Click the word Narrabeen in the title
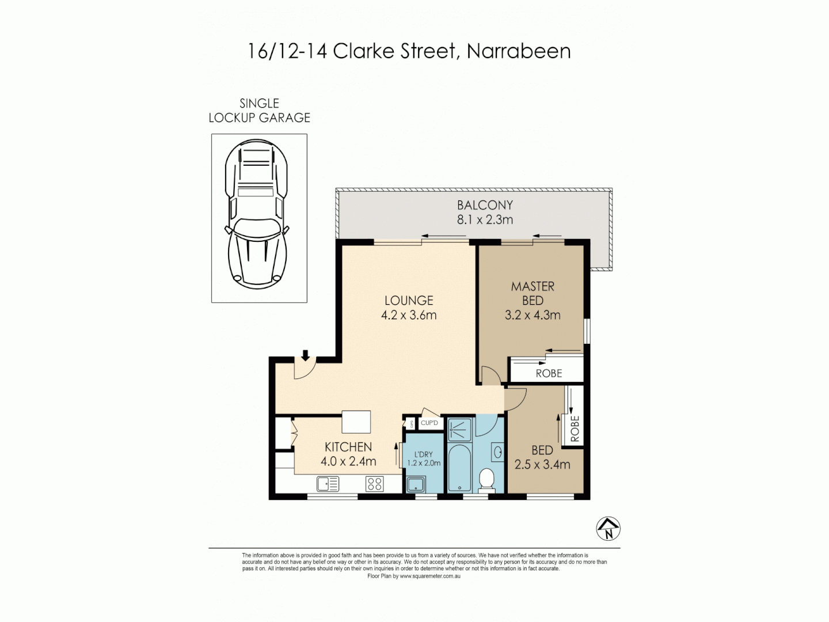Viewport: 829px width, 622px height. [519, 51]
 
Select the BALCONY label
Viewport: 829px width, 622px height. [485, 205]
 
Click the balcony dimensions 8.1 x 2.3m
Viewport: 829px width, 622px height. [485, 219]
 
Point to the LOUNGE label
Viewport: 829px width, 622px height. [409, 301]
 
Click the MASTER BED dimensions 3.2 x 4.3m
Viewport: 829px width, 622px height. [533, 315]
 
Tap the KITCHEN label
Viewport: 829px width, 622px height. [348, 447]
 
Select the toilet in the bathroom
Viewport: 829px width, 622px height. [487, 480]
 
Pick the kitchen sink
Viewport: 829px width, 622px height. [328, 484]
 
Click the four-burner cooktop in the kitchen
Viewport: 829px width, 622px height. [375, 484]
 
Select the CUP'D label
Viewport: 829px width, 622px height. [429, 423]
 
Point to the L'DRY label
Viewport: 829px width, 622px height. [424, 454]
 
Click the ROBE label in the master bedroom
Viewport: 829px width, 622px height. [549, 373]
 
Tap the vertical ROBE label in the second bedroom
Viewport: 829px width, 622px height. [575, 428]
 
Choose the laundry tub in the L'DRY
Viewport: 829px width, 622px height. [416, 484]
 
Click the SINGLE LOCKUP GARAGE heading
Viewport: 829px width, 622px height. [259, 111]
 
